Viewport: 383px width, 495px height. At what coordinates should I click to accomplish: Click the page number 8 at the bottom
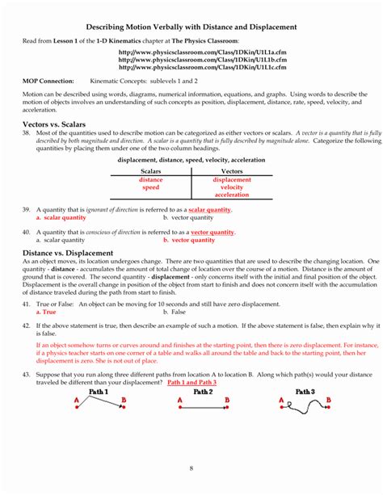[x=191, y=468]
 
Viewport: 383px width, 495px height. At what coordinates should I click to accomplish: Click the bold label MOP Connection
[x=48, y=82]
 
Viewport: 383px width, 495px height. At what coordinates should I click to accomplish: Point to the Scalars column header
[x=151, y=172]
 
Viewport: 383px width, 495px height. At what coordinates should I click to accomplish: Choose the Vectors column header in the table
[x=232, y=172]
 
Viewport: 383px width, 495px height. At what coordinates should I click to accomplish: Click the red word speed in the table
[x=151, y=187]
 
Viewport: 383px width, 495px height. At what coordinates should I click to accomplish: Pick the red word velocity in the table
[x=232, y=187]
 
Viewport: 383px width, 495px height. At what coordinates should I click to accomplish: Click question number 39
[x=27, y=210]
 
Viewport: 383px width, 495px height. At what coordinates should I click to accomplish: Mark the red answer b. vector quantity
[x=188, y=240]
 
